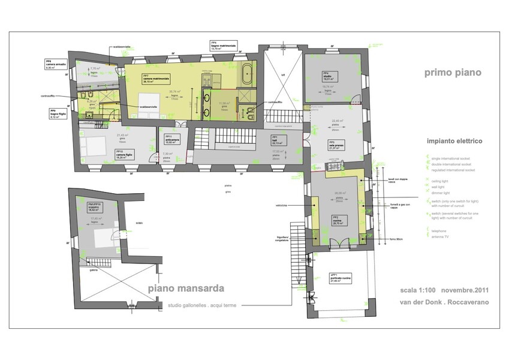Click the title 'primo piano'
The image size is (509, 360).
coord(453,73)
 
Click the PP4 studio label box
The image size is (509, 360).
coord(329,75)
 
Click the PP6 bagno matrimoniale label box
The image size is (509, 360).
coord(224,45)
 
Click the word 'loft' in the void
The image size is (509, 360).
coord(283,75)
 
